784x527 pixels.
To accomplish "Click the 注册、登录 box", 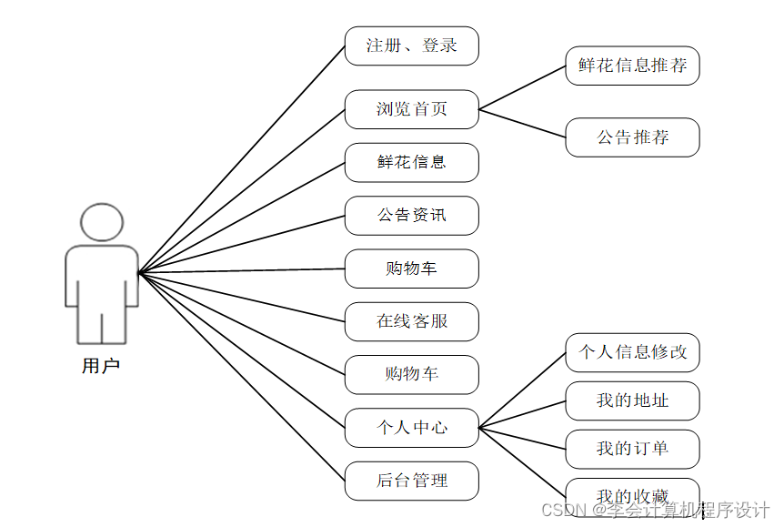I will click(x=411, y=46).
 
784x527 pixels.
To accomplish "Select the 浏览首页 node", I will click(x=411, y=109).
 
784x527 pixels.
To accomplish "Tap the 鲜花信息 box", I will click(x=411, y=162).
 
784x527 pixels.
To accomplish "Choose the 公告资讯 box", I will click(x=411, y=216).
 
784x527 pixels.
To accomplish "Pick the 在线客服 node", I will click(x=411, y=321).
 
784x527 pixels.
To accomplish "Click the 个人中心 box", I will click(x=411, y=427).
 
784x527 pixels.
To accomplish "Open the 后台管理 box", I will click(x=411, y=481).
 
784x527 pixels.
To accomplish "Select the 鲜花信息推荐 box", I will click(x=632, y=66).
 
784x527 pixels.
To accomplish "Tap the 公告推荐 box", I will click(x=632, y=137).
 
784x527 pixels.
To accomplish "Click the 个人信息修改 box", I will click(x=632, y=352).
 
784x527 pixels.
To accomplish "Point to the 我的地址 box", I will click(x=632, y=400).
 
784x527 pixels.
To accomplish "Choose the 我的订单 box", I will click(x=632, y=449).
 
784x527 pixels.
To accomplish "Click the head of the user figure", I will click(x=102, y=223).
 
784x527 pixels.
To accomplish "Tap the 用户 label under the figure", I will click(x=101, y=367).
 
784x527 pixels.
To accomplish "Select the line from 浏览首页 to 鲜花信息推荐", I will click(x=522, y=87).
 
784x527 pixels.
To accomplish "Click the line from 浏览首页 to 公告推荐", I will click(x=522, y=124).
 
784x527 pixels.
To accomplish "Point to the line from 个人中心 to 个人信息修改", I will click(x=522, y=390).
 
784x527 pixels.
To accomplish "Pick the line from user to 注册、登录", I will click(x=241, y=159).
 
